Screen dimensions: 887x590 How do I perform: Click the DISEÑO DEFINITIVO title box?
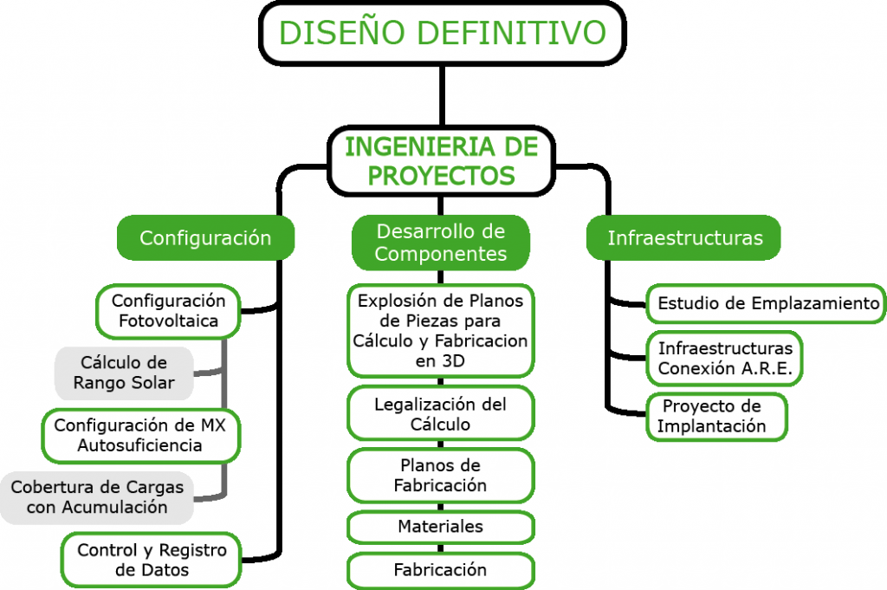click(x=443, y=33)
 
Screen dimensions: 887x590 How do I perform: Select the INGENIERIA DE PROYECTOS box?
click(x=441, y=161)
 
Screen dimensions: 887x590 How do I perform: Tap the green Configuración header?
click(x=205, y=237)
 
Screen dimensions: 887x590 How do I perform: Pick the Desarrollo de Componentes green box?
click(x=441, y=242)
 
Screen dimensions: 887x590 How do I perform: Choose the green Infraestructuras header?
click(x=684, y=237)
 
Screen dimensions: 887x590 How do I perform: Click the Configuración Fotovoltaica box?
click(x=169, y=311)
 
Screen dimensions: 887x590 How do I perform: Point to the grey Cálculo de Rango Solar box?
click(x=124, y=373)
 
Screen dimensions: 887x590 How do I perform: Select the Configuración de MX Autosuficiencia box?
click(x=141, y=436)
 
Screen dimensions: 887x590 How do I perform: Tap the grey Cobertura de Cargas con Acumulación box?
click(x=97, y=497)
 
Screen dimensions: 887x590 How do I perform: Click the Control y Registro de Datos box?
click(x=152, y=560)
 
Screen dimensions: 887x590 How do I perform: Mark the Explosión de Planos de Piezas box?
click(x=441, y=331)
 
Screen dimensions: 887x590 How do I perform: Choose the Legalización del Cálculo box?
click(x=441, y=413)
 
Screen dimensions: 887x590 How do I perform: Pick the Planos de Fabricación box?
click(x=441, y=475)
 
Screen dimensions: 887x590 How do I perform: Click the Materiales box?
click(x=441, y=527)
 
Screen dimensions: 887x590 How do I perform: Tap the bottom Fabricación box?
click(x=441, y=570)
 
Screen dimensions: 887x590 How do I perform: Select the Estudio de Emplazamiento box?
click(x=767, y=304)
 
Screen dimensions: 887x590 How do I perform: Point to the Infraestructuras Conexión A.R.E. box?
click(x=725, y=359)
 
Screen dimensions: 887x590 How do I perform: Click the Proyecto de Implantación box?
click(x=716, y=417)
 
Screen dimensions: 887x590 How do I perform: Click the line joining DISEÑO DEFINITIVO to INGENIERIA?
click(x=442, y=95)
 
